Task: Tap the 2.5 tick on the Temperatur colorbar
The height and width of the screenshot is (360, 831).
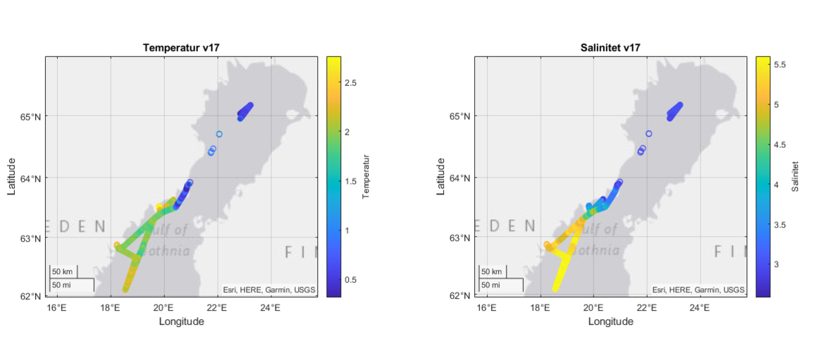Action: (x=350, y=82)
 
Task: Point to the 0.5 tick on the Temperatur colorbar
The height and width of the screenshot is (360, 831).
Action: (x=350, y=280)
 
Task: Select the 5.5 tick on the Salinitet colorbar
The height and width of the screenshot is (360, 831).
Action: (x=780, y=64)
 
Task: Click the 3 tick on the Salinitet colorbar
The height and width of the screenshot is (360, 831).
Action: (x=776, y=264)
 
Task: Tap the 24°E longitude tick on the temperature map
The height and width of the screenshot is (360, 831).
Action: (x=271, y=308)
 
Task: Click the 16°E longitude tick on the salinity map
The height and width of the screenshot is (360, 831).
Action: (x=486, y=308)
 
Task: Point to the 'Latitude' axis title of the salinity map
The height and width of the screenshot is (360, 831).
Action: (x=441, y=177)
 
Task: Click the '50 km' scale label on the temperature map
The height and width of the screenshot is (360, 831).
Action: (x=62, y=272)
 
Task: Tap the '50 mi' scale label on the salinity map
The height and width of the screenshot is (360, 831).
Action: (x=491, y=285)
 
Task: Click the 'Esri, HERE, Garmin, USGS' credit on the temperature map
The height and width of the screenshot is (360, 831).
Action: (x=269, y=290)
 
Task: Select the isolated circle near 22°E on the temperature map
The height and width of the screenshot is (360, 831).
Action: (x=219, y=134)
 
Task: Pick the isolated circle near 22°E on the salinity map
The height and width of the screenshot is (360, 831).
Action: (x=648, y=134)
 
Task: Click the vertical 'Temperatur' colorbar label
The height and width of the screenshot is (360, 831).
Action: (x=366, y=177)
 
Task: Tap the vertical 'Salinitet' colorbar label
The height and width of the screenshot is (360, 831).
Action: (x=795, y=177)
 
